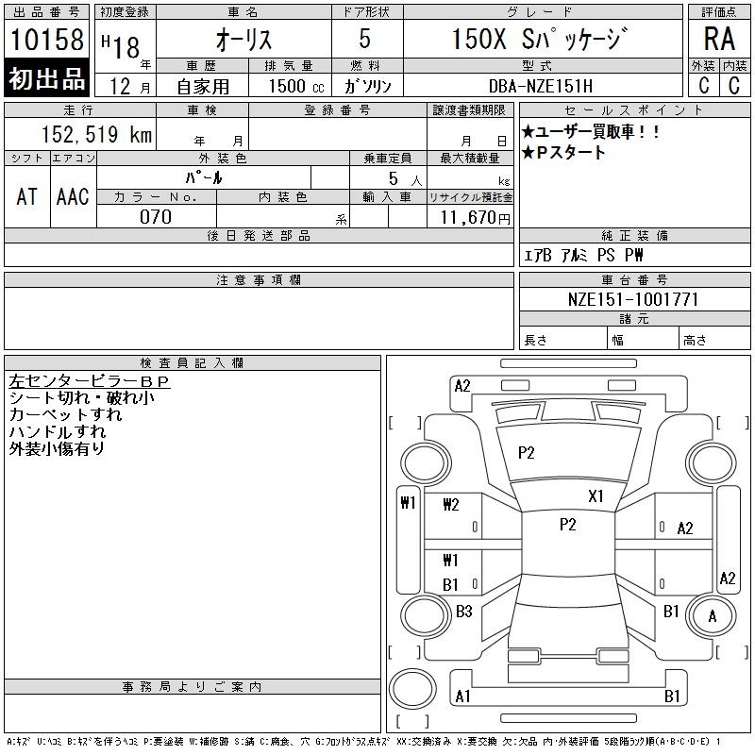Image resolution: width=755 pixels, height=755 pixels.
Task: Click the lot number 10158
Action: coord(46,40)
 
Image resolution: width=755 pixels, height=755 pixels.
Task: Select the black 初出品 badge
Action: coord(46,78)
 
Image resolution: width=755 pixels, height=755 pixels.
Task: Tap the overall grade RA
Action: coord(719,39)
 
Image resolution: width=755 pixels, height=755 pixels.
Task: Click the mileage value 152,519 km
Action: coord(96,134)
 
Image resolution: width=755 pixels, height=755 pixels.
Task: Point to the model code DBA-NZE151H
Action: coord(541,86)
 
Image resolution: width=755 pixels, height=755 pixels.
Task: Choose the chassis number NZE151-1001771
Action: coord(633,299)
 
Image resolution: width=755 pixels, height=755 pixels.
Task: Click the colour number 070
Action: coord(156,217)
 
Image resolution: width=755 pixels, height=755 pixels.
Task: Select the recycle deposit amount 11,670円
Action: coord(475,218)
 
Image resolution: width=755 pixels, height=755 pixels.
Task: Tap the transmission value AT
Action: coord(27,196)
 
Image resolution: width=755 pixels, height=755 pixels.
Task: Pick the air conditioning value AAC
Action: coord(73,196)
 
